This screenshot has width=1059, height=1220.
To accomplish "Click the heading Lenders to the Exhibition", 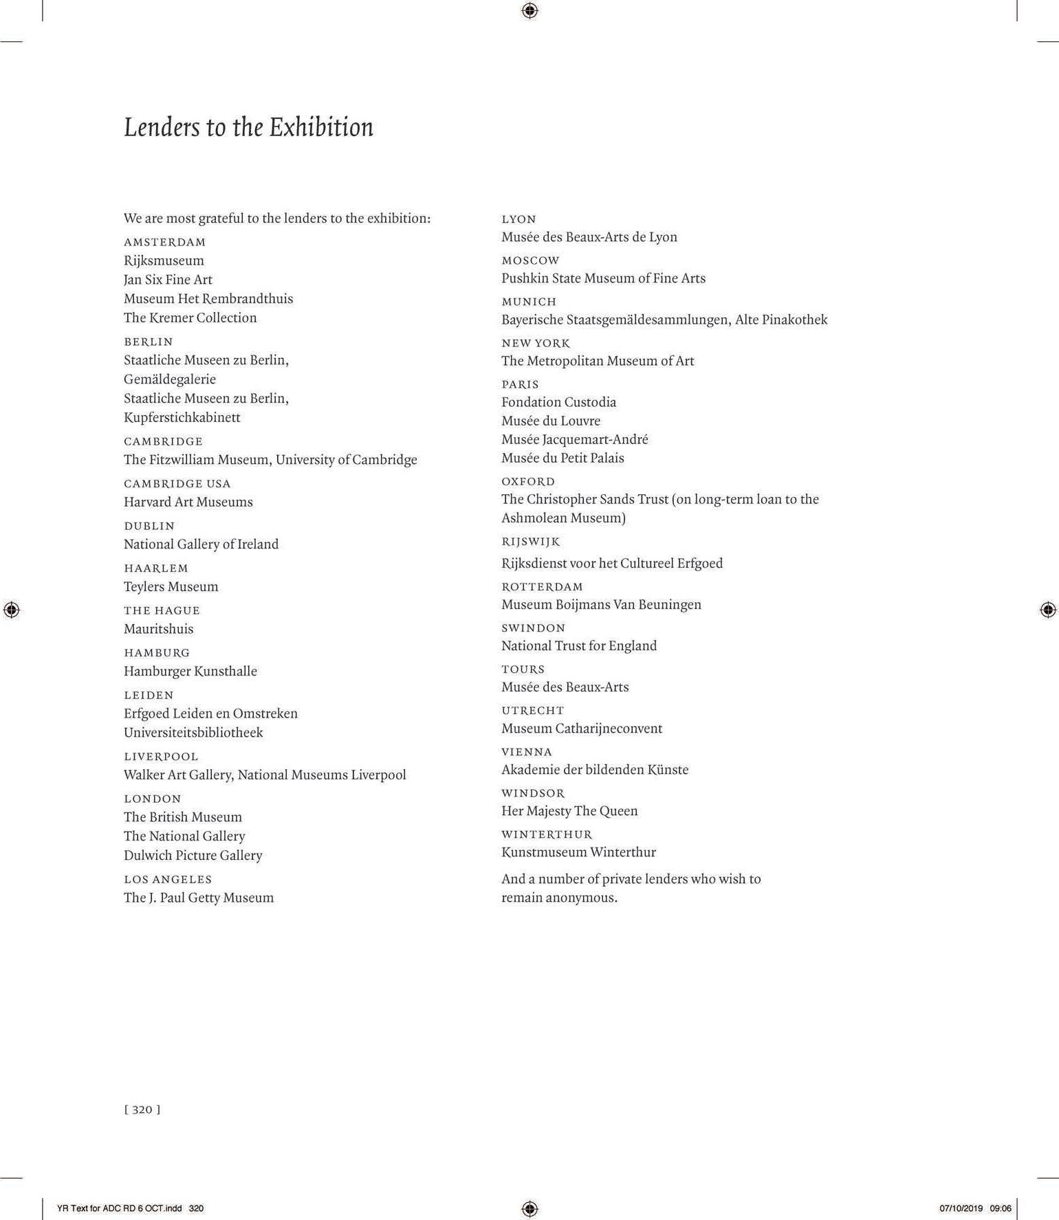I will pos(248,128).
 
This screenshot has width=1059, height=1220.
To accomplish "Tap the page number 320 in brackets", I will pos(142,1109).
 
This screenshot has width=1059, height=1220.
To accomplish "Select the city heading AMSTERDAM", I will pos(164,242).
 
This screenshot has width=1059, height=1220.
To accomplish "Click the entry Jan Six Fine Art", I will pos(168,280).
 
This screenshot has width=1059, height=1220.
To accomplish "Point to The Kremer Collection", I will pos(190,318).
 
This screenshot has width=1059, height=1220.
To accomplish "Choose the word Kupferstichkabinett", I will pos(182,417).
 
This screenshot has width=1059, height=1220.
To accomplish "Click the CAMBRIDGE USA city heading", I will pos(177,484).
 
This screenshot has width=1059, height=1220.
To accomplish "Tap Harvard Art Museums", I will pos(188,502).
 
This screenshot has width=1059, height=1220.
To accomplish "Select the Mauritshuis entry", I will pos(158,629).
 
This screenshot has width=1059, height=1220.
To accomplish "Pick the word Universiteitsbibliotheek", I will pos(193,733).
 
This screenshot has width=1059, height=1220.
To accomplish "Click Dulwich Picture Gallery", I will pos(193,856).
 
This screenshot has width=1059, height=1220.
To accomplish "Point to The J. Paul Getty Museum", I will pos(198,898).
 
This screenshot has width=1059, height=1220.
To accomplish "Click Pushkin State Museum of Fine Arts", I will pos(603,278).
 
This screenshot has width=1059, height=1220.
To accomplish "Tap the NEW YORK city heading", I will pos(536,343).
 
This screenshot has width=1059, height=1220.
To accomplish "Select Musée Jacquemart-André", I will pos(574,439).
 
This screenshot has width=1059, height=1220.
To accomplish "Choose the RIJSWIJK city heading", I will pos(530,542).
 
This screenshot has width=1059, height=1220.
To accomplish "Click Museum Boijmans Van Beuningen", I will pos(601,605).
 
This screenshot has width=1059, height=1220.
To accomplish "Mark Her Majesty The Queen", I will pos(569,811).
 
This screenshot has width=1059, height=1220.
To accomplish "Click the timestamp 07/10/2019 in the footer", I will pos(961,1208).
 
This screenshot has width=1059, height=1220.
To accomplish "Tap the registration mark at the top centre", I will pos(529,10).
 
